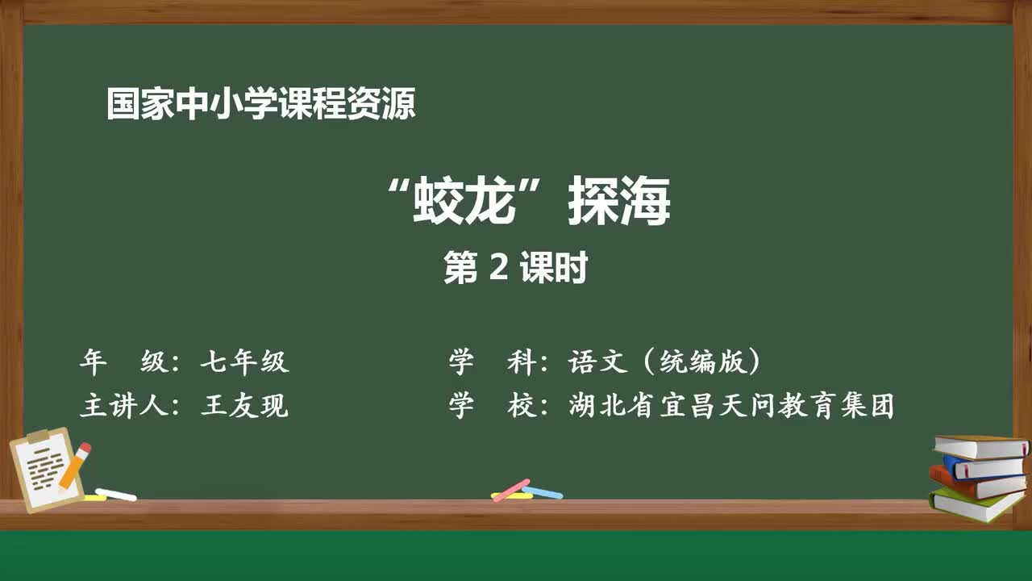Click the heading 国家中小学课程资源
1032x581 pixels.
(x=261, y=104)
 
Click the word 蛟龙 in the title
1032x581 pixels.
(x=464, y=201)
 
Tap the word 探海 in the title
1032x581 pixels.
(x=618, y=201)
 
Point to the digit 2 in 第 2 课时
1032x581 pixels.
(x=498, y=267)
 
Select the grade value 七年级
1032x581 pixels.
(x=244, y=361)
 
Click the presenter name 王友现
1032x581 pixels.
(x=244, y=406)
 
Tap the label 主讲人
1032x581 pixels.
(x=124, y=406)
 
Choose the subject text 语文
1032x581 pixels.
(x=598, y=361)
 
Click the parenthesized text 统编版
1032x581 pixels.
(x=702, y=361)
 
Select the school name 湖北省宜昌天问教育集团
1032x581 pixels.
(x=731, y=406)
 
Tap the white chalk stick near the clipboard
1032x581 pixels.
(x=115, y=495)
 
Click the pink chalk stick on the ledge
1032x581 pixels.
(x=511, y=491)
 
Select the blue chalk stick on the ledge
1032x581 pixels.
(x=543, y=492)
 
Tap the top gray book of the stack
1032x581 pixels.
(x=981, y=447)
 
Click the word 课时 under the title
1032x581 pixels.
(x=554, y=267)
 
